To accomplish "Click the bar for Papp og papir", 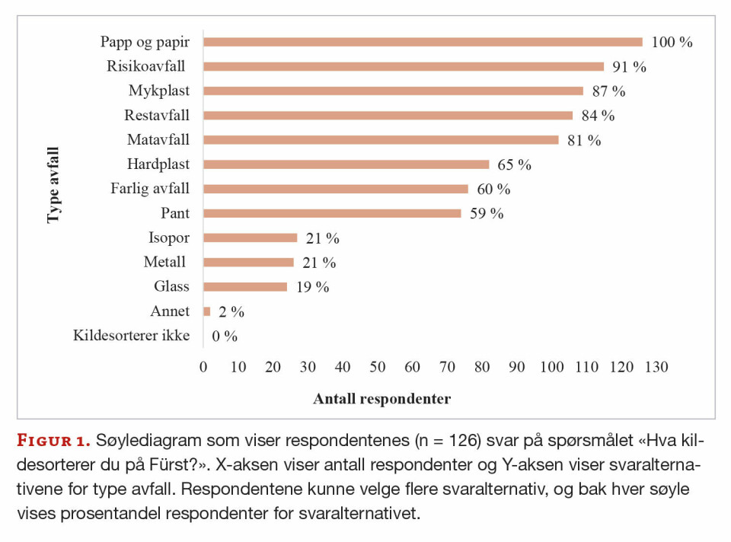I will (x=423, y=42).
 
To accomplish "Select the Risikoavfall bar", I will (x=404, y=66).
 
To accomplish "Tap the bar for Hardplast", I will (x=346, y=164).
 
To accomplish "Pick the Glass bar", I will (x=245, y=287).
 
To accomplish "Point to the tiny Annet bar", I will (x=207, y=311).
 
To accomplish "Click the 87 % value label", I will (x=608, y=91).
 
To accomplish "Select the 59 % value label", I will (x=487, y=214).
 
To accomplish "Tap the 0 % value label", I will (x=225, y=336).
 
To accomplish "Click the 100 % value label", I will (x=672, y=43).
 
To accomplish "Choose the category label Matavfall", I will (x=158, y=140).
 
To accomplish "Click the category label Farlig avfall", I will (x=150, y=189).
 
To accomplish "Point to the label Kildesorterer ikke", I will (x=131, y=336).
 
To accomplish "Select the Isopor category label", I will (x=169, y=238).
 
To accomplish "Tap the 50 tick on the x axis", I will (x=378, y=368).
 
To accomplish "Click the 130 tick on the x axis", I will (x=656, y=368).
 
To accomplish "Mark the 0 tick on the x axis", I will (x=203, y=368).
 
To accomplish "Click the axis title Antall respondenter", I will (x=381, y=399).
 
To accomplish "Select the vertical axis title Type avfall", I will (x=53, y=185).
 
